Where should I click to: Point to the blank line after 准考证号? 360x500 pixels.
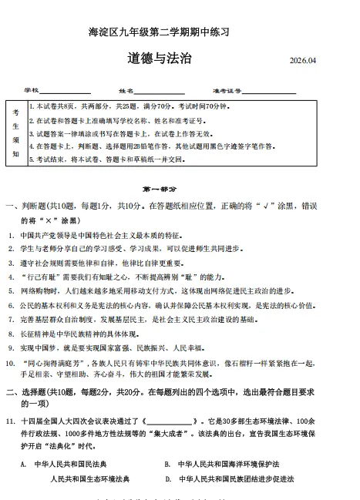point(270,92)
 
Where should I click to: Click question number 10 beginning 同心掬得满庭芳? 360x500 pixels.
point(12,361)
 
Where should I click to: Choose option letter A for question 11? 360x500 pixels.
point(23,464)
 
